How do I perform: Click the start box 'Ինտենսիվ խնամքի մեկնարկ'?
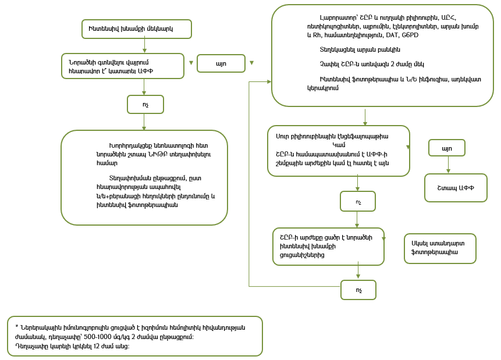pyautogui.click(x=136, y=28)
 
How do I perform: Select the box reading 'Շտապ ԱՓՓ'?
pyautogui.click(x=456, y=188)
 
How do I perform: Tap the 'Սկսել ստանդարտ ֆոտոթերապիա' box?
pyautogui.click(x=440, y=248)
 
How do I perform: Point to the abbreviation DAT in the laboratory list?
pyautogui.click(x=383, y=35)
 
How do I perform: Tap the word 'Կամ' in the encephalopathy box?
pyautogui.click(x=339, y=144)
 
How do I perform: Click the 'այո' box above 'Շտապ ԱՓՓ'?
pyautogui.click(x=446, y=148)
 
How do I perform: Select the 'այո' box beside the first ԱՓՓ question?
pyautogui.click(x=221, y=63)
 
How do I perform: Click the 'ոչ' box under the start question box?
pyautogui.click(x=145, y=104)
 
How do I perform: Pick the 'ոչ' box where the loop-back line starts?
pyautogui.click(x=358, y=290)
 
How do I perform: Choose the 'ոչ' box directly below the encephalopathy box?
pyautogui.click(x=357, y=201)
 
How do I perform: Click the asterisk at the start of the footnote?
pyautogui.click(x=17, y=327)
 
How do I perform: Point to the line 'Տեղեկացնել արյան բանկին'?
pyautogui.click(x=360, y=49)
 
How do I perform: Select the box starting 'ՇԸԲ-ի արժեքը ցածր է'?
pyautogui.click(x=328, y=246)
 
